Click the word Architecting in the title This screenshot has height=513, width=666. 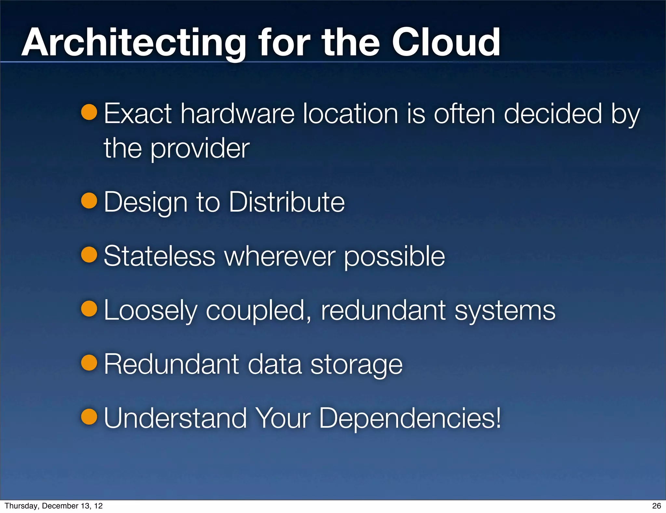point(134,43)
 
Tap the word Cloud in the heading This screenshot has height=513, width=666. point(446,43)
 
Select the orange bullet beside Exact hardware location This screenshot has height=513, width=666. point(89,112)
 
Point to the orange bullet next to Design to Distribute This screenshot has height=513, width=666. point(89,201)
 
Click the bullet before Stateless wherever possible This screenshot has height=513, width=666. point(89,255)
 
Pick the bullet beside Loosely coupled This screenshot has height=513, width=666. point(89,309)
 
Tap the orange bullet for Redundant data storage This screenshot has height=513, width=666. point(89,363)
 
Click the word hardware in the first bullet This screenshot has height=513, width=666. point(237,114)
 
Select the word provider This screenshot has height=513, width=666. point(200,148)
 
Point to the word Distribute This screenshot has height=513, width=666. point(286,202)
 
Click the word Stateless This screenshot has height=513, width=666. point(159,256)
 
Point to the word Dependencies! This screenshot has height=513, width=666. point(410,418)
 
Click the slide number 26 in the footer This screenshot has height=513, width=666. point(657,506)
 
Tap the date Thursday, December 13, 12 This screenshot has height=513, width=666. point(54,506)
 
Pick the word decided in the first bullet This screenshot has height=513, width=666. point(553,114)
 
